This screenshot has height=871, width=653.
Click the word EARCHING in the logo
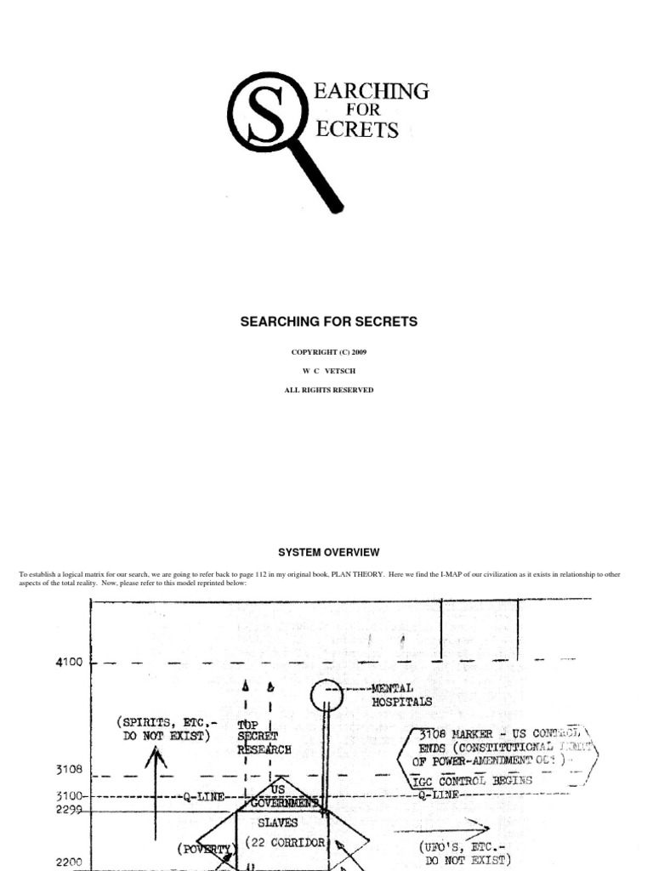(x=372, y=91)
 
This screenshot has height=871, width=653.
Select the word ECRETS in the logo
(x=357, y=130)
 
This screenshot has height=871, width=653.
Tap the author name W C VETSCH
(x=326, y=371)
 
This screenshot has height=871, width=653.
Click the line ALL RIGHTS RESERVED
(x=326, y=390)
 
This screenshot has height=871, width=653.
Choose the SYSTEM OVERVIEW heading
(x=328, y=552)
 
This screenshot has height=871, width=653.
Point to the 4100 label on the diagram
(x=71, y=663)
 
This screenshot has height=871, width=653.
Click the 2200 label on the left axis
(x=70, y=862)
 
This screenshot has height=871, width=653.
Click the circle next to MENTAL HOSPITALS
(x=326, y=695)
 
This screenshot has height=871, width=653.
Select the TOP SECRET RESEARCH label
(x=264, y=736)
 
